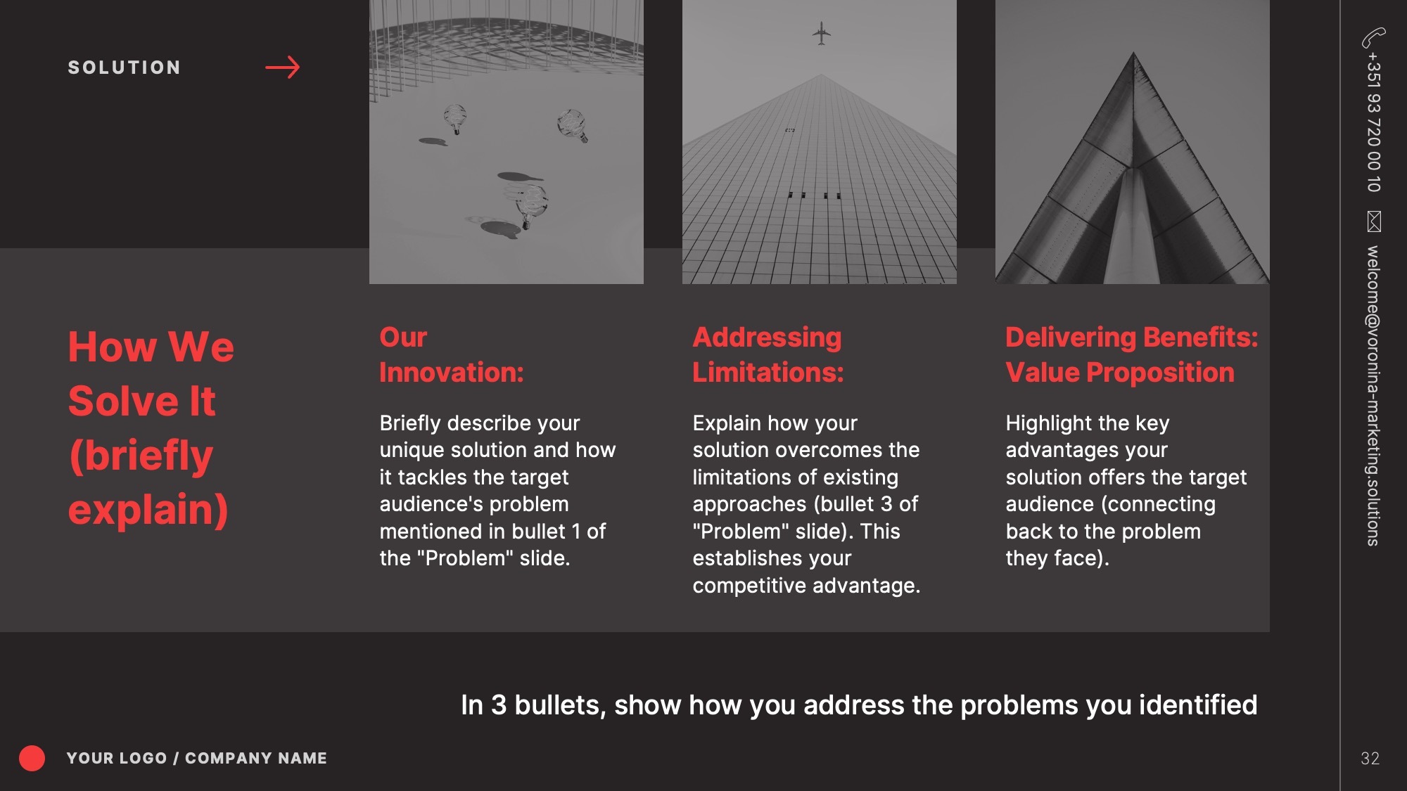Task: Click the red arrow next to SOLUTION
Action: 283,67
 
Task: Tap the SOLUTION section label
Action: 125,67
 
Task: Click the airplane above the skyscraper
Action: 821,33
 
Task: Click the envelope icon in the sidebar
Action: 1374,221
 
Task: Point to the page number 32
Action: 1370,758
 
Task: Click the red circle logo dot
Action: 32,758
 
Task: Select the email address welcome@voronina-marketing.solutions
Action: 1373,395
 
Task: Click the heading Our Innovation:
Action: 452,355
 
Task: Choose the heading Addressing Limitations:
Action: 768,355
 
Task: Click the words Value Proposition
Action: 1120,373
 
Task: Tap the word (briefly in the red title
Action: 141,456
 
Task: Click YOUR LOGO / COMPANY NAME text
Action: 197,758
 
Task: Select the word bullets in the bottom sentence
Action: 560,705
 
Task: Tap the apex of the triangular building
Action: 1133,52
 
